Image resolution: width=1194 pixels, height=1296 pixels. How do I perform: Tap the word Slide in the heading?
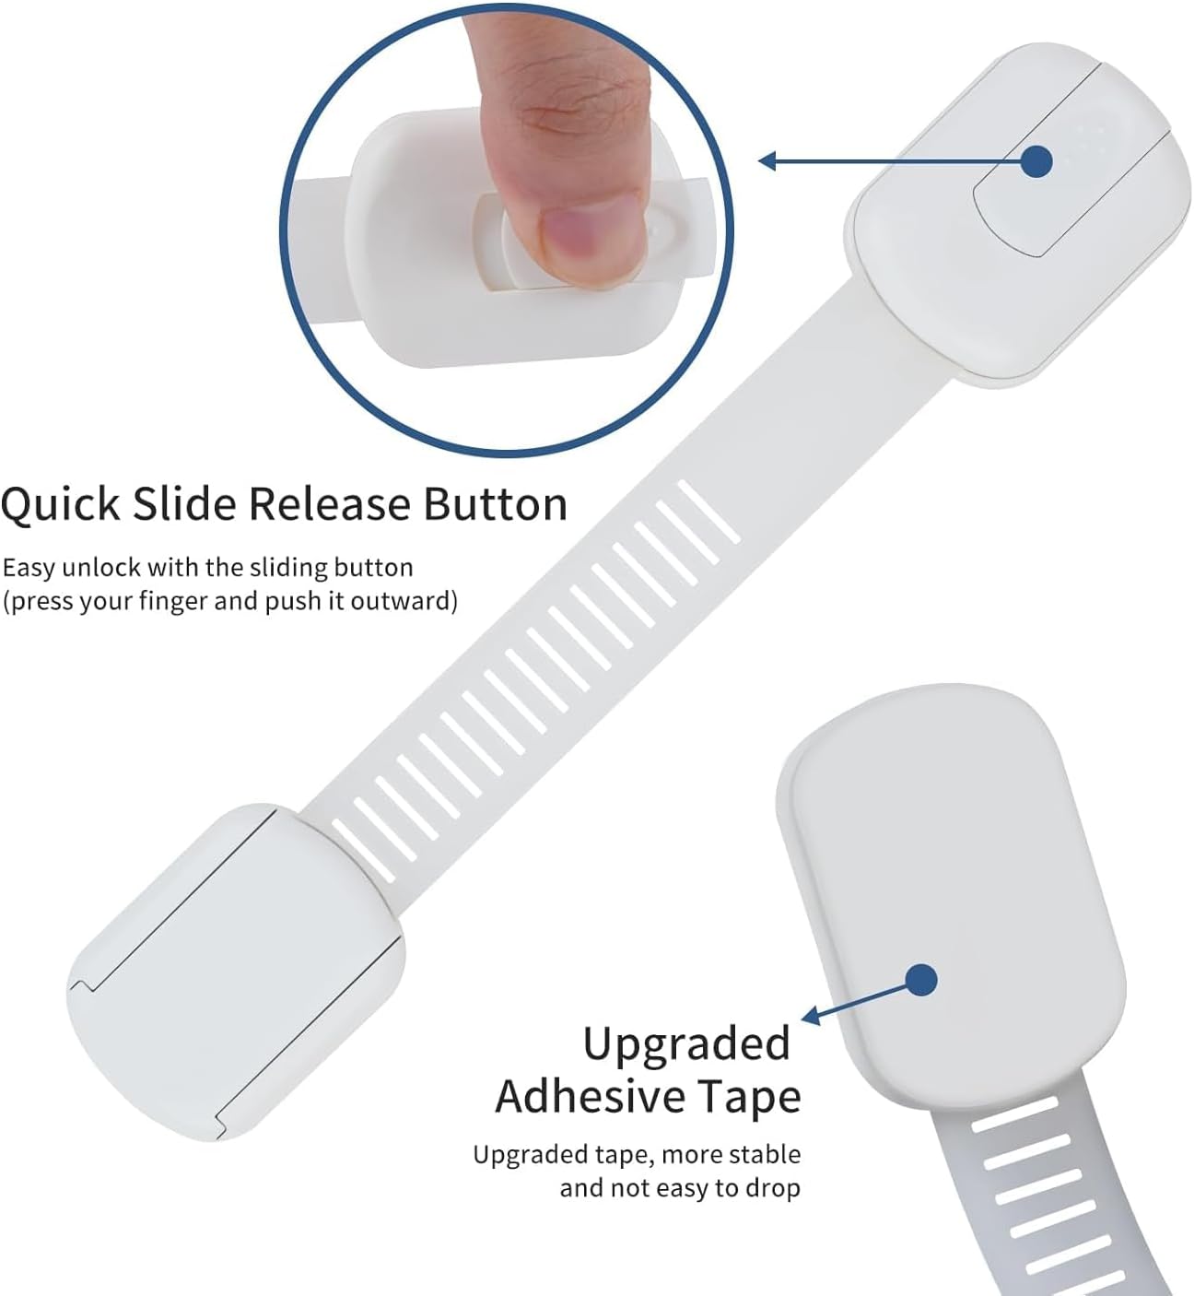click(184, 504)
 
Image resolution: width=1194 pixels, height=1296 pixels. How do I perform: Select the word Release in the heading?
click(330, 504)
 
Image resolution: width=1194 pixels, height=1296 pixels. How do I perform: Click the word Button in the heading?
click(496, 504)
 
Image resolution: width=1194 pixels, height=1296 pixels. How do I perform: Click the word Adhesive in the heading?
click(590, 1098)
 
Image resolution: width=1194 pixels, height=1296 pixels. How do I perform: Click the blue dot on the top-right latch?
click(1036, 161)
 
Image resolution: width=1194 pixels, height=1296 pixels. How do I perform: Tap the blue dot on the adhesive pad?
click(922, 980)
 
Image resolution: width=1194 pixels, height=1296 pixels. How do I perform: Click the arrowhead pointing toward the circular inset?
click(767, 160)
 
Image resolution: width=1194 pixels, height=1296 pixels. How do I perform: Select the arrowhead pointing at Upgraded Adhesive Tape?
click(811, 1016)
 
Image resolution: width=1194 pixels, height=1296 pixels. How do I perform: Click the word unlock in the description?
click(101, 568)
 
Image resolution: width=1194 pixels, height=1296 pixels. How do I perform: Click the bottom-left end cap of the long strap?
click(235, 972)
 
